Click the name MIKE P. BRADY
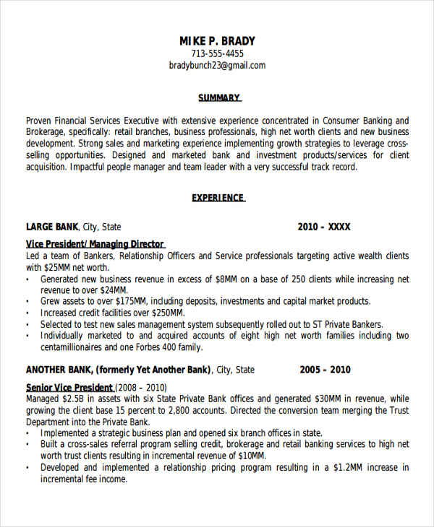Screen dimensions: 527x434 tap(217, 41)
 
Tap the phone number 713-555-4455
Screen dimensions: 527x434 tap(217, 53)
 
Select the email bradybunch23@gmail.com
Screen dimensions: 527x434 tap(217, 65)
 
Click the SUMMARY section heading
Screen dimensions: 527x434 tap(219, 97)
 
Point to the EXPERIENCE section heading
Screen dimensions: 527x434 tap(218, 198)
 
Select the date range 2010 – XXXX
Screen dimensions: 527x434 tap(323, 227)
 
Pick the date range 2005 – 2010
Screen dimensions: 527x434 tap(325, 370)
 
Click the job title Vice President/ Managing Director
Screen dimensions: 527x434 tap(95, 244)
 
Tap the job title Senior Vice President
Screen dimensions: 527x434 tap(69, 387)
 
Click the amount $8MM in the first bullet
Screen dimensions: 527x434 tap(227, 279)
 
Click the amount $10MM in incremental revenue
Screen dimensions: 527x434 tap(250, 456)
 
